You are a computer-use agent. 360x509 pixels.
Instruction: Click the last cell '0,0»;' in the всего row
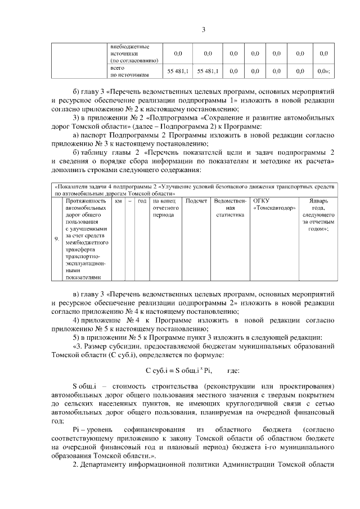click(x=323, y=71)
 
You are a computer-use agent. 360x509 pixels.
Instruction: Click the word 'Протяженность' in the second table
click(x=86, y=200)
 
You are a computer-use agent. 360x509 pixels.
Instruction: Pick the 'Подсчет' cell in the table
click(x=196, y=200)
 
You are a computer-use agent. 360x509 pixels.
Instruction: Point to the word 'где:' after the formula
click(x=233, y=372)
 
